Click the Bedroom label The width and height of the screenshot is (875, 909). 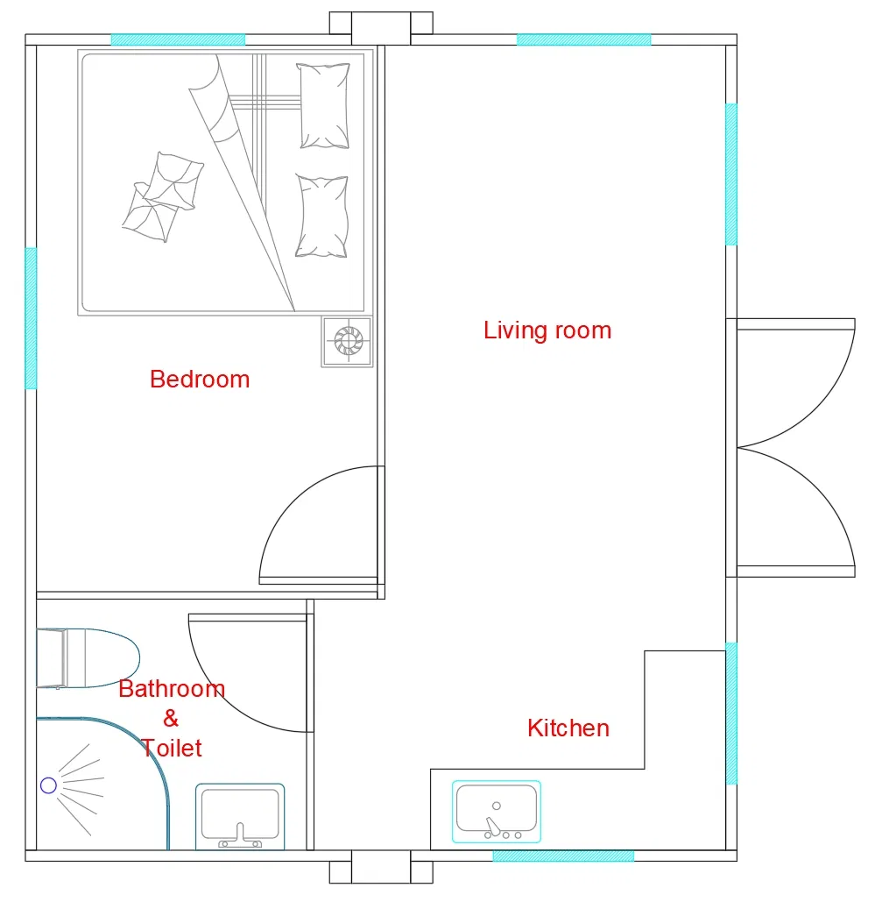[x=200, y=380]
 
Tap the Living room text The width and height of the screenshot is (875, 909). [x=547, y=330]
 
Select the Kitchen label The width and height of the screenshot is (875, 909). [x=568, y=728]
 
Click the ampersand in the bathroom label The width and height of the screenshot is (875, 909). [x=171, y=719]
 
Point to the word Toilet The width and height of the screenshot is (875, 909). [x=172, y=748]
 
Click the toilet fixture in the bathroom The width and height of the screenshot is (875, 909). [x=88, y=657]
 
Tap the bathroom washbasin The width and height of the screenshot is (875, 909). [x=240, y=816]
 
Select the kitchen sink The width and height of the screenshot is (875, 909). [x=497, y=811]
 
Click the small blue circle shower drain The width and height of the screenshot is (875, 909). [x=48, y=785]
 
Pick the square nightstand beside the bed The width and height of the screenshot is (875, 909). [x=347, y=341]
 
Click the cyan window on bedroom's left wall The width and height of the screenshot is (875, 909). [x=31, y=317]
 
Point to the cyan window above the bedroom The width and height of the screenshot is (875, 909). [x=178, y=39]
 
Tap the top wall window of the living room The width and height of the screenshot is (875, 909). [x=583, y=39]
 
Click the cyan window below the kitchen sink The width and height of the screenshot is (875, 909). [x=562, y=856]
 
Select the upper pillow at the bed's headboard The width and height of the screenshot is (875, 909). [x=324, y=105]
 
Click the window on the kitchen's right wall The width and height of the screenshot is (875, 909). [x=731, y=713]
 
